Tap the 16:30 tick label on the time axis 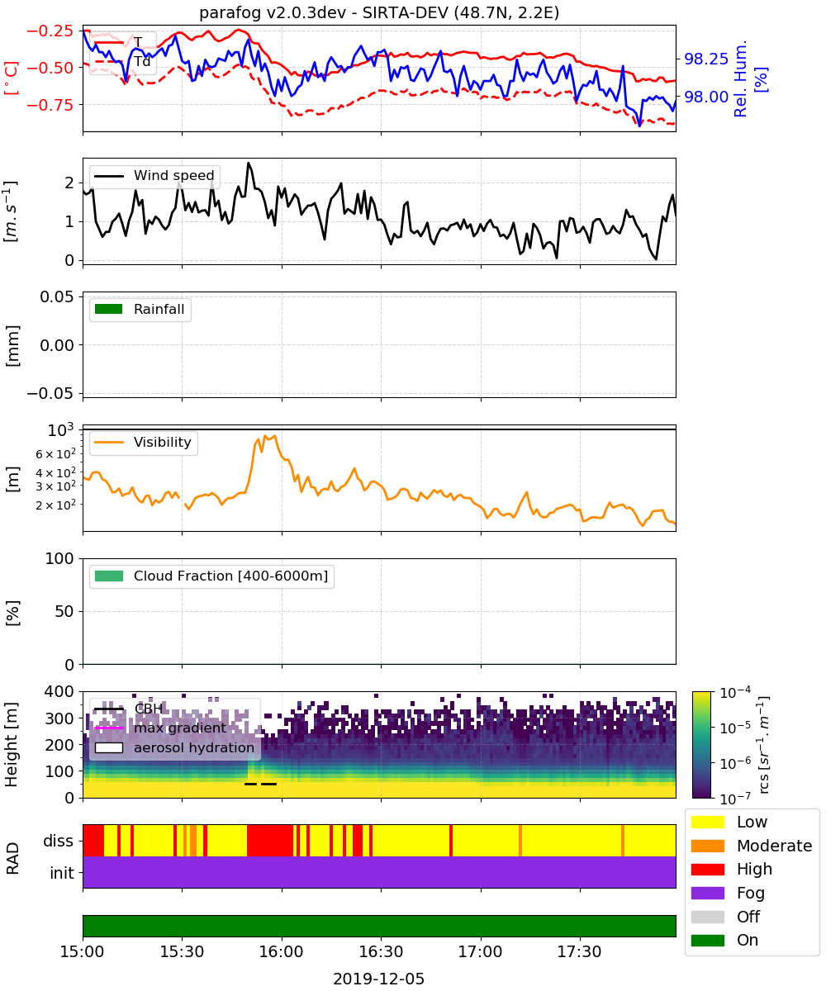click(381, 951)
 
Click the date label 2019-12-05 click(379, 979)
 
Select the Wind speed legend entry click(154, 175)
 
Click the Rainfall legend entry click(140, 309)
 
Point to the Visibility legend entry click(143, 443)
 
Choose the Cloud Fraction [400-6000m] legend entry click(211, 576)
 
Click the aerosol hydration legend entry click(174, 747)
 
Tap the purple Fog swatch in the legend click(708, 893)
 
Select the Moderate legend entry click(752, 846)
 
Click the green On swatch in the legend click(708, 941)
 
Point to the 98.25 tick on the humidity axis click(706, 59)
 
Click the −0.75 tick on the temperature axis click(50, 104)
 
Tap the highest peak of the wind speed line click(249, 163)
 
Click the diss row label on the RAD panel click(59, 841)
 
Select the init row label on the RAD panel click(62, 873)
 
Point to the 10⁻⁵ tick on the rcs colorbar click(735, 727)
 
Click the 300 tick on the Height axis click(59, 718)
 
